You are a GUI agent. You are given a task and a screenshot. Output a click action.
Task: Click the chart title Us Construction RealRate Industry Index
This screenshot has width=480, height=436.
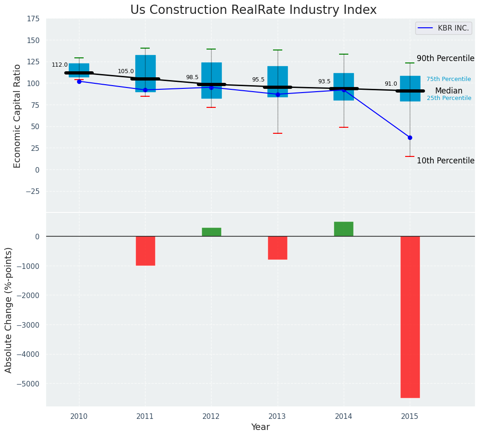tap(253, 10)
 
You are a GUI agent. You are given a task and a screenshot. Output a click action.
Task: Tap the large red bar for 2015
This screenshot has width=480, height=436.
tap(410, 317)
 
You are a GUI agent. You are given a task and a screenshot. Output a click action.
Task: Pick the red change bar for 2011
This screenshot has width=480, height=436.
tap(145, 250)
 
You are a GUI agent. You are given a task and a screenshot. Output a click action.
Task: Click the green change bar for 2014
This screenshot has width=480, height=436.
tap(344, 229)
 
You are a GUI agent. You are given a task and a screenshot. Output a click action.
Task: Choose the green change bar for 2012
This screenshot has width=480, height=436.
tap(211, 232)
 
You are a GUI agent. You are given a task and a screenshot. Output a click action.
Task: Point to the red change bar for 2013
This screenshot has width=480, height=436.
tap(278, 248)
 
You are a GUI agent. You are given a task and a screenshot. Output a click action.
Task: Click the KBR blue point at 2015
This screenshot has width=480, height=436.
tap(410, 137)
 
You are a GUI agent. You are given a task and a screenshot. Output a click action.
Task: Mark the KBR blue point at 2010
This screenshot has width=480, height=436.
tap(79, 81)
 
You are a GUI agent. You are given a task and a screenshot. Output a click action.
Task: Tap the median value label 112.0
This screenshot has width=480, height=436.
tap(60, 65)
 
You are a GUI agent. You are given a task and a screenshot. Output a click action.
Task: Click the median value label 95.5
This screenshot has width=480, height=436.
tap(258, 80)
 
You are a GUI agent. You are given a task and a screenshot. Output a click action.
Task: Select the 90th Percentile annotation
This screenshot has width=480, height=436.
tap(445, 58)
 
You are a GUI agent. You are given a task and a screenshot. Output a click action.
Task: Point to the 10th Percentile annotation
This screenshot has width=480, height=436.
tap(445, 161)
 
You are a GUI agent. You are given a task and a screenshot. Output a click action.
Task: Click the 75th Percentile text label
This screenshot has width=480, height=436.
tap(449, 79)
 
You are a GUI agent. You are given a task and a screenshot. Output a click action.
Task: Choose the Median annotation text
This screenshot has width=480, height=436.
tap(449, 91)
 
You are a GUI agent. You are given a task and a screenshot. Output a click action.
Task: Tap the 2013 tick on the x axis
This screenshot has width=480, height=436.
tap(278, 417)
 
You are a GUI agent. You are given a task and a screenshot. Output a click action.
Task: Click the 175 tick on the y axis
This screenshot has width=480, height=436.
tap(33, 19)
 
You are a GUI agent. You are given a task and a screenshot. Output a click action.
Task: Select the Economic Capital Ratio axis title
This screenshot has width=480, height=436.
tap(18, 116)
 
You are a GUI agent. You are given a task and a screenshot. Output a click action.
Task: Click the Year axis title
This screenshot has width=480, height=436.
tap(261, 427)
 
